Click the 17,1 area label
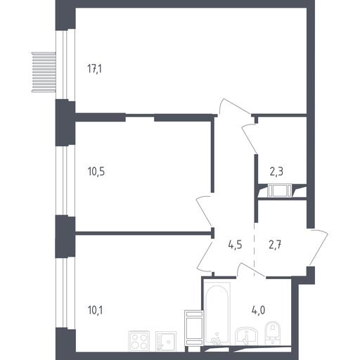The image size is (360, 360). click(x=95, y=69)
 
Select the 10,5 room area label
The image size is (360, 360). click(x=96, y=172)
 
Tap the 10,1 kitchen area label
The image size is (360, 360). click(x=95, y=310)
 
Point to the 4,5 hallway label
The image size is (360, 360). click(x=235, y=245)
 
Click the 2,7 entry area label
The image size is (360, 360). click(x=275, y=245)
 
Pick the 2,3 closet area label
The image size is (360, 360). click(x=276, y=172)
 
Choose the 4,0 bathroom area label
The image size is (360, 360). click(x=259, y=310)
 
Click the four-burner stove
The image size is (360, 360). click(x=139, y=341)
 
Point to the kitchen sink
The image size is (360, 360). click(x=165, y=341)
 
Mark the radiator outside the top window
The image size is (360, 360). click(x=44, y=72)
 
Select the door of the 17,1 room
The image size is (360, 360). click(x=234, y=107)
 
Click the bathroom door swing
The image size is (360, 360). click(x=250, y=269)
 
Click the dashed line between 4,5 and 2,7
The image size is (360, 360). click(x=255, y=250)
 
